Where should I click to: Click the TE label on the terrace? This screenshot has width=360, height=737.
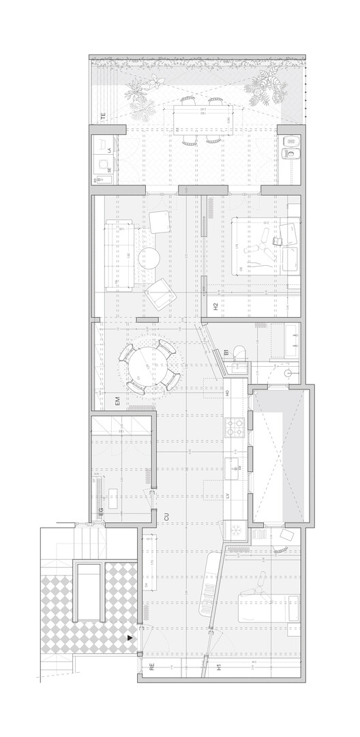(x=103, y=117)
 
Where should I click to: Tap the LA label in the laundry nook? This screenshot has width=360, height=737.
(x=109, y=149)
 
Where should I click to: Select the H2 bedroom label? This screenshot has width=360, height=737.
(x=215, y=307)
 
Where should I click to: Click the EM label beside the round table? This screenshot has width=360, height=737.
(x=117, y=402)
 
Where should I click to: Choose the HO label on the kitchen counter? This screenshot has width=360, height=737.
(x=227, y=393)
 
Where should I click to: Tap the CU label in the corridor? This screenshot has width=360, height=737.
(x=166, y=517)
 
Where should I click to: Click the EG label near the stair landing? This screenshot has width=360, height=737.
(x=100, y=513)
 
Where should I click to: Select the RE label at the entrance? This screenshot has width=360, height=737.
(x=151, y=668)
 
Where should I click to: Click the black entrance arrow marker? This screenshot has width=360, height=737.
(x=130, y=638)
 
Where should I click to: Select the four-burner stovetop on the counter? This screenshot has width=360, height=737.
(x=235, y=427)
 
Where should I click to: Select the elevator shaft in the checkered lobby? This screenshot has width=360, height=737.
(x=89, y=592)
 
